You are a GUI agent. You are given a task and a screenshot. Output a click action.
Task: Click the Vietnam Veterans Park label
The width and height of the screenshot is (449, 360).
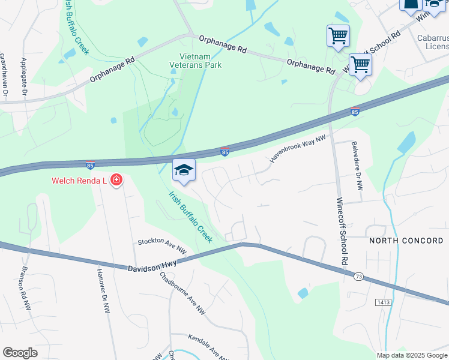(196, 61)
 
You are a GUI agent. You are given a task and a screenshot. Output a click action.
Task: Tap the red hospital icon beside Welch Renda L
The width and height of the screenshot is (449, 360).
(116, 180)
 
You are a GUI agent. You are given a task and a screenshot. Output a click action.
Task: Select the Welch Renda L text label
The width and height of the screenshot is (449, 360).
(79, 180)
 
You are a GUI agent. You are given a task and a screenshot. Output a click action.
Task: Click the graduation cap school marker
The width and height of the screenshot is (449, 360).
(184, 170)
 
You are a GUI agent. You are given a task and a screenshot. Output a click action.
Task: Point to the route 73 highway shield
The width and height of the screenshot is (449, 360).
(358, 276)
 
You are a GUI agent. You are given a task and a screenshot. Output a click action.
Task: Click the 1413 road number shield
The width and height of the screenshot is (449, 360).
(384, 303)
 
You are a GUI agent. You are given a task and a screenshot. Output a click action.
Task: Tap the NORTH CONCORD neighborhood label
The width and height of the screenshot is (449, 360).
(406, 241)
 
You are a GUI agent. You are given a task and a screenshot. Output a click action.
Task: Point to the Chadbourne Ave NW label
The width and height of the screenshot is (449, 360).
(183, 293)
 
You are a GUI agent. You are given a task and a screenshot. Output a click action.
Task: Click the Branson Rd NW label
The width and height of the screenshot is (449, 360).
(26, 288)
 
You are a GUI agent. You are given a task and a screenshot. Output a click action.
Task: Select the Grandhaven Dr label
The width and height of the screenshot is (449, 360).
(3, 75)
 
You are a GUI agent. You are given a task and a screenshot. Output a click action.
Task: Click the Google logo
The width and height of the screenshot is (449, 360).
(20, 353)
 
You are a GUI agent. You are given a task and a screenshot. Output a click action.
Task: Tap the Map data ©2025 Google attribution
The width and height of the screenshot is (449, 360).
(411, 355)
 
